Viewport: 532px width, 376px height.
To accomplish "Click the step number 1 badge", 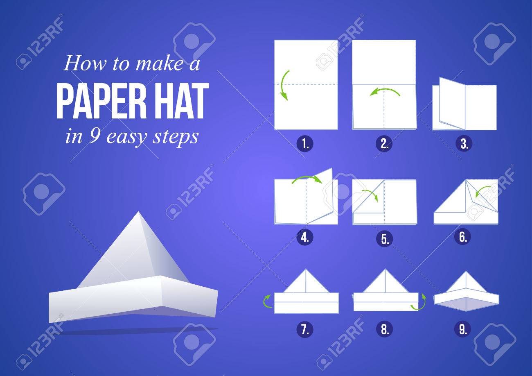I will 305,144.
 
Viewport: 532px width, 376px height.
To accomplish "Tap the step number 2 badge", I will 384,144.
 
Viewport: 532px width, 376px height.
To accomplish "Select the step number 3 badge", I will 463,144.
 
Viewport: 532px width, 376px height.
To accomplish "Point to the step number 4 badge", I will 305,237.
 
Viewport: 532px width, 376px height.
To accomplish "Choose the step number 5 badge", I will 384,239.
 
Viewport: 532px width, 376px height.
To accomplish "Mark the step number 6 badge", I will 463,237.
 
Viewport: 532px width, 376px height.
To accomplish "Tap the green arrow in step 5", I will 370,194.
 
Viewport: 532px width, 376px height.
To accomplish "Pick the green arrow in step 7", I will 267,301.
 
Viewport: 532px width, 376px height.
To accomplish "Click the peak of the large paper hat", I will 138,213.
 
